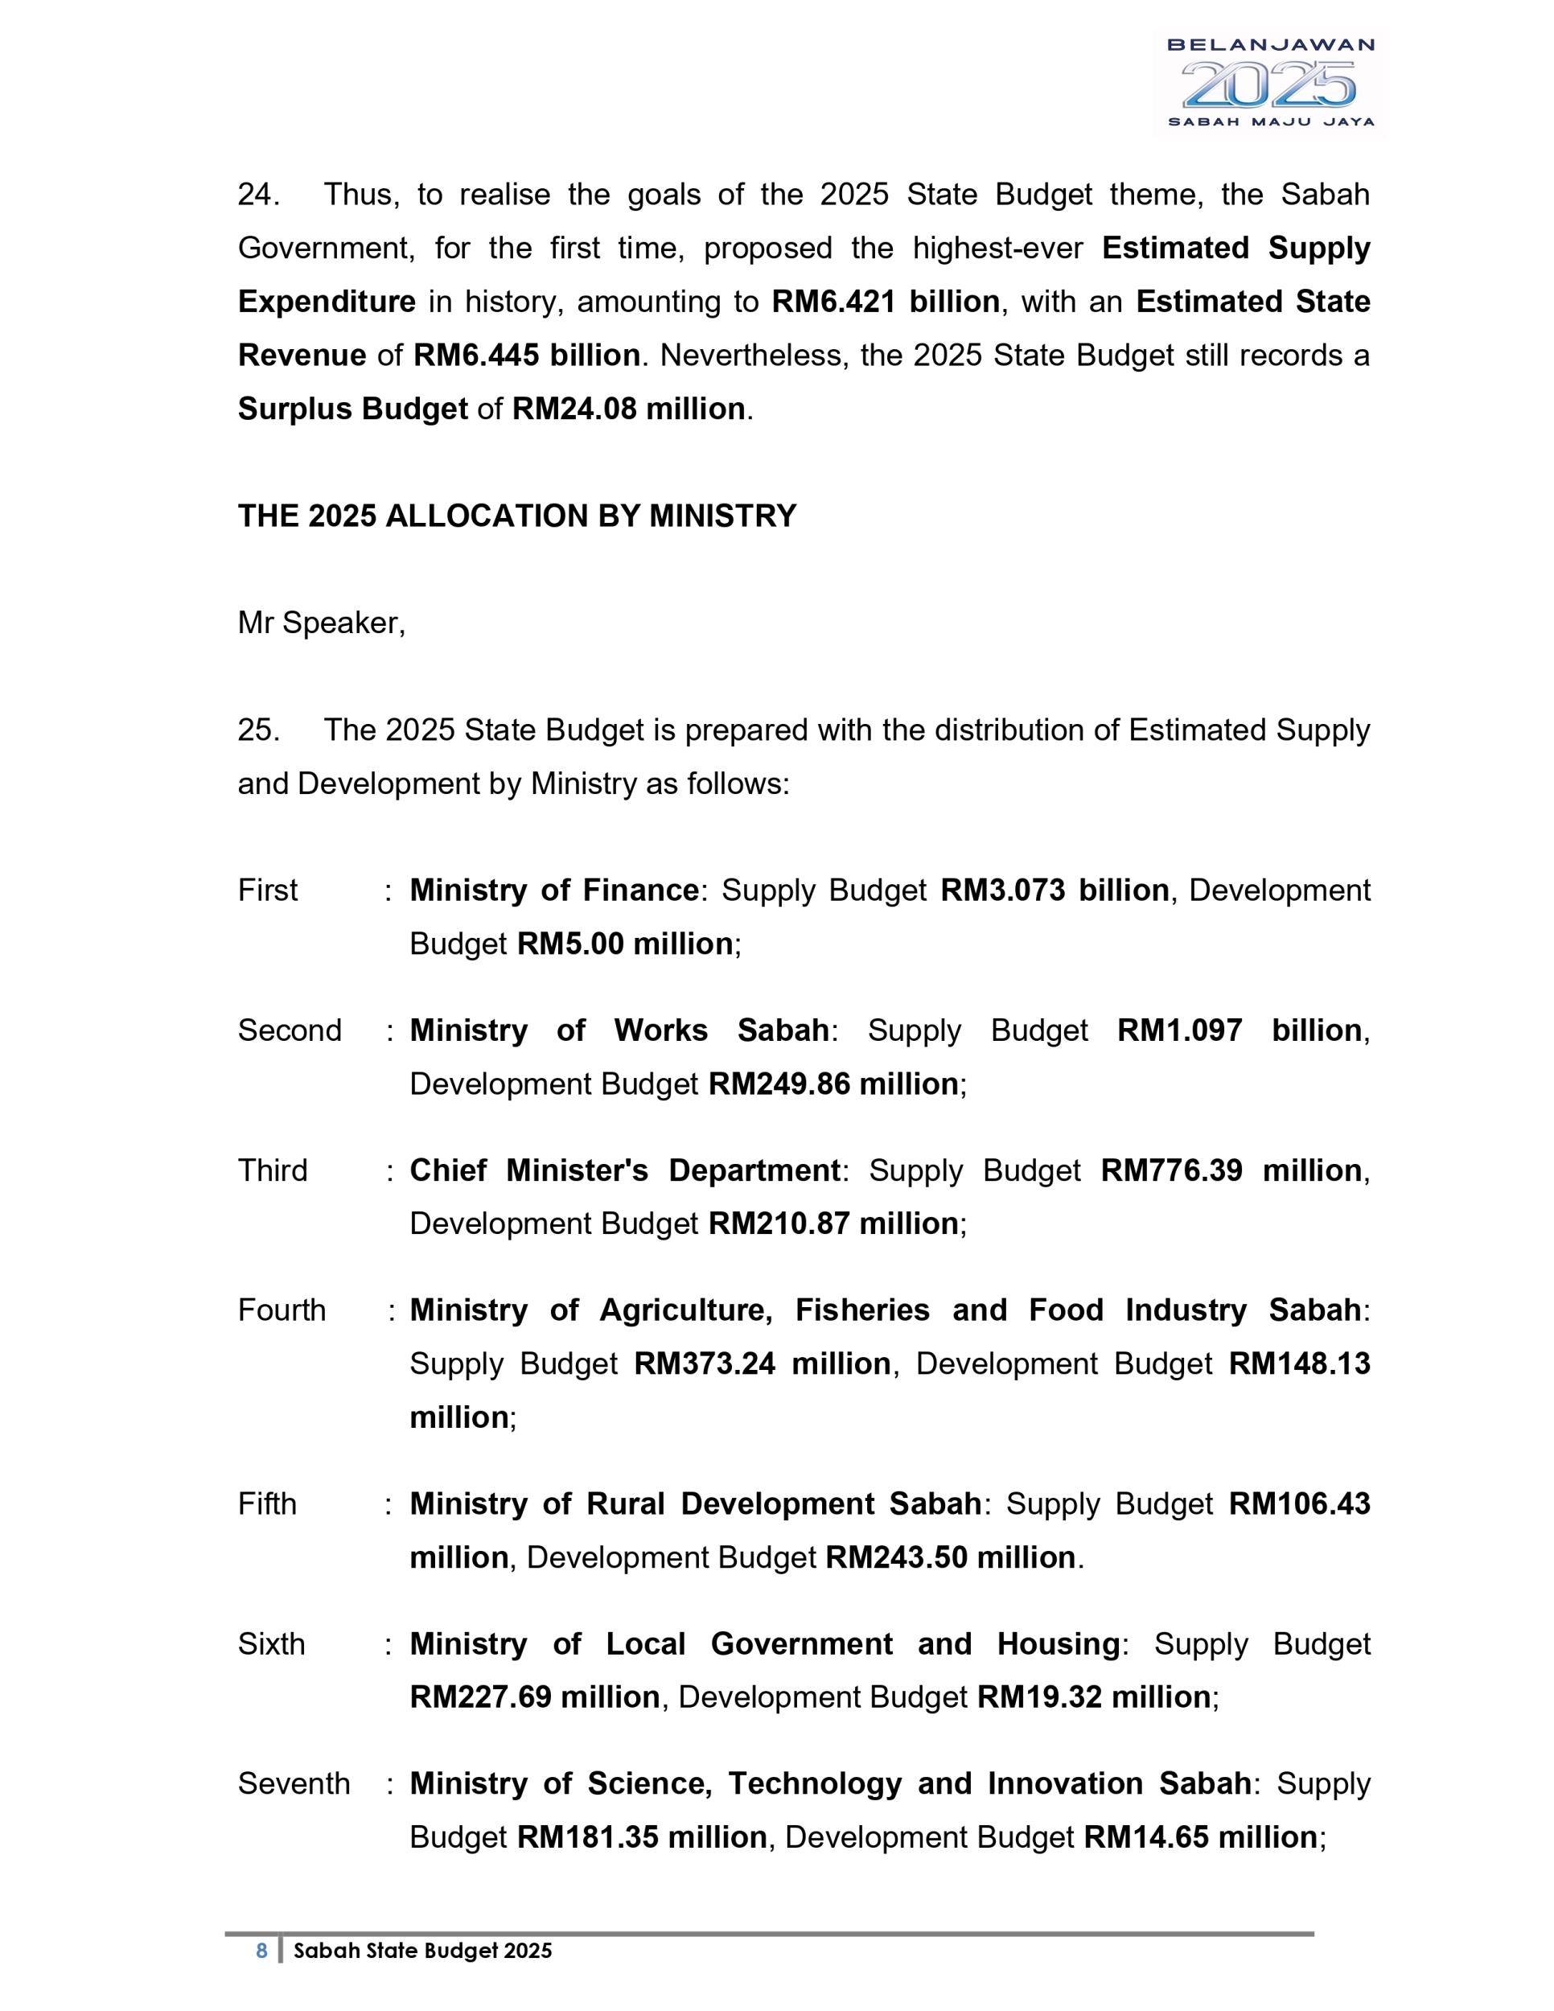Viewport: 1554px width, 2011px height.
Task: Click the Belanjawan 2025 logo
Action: pos(1269,83)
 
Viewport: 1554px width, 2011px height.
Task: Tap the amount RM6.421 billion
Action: pos(885,302)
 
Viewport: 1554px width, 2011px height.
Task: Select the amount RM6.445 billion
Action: pos(527,356)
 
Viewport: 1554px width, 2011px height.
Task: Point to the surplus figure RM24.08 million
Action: pos(628,409)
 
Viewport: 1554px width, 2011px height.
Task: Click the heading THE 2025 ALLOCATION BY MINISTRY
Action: pos(516,516)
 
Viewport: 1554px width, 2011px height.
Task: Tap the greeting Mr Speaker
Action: pos(321,623)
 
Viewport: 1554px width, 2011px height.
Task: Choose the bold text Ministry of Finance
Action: pos(553,890)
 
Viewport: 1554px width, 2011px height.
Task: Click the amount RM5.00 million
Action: pos(624,944)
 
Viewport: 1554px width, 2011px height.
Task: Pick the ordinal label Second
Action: pos(289,1030)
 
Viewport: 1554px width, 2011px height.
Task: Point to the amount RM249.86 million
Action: pos(833,1084)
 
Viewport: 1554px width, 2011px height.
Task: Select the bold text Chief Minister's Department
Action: pos(624,1170)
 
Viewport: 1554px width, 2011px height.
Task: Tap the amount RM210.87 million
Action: pos(833,1223)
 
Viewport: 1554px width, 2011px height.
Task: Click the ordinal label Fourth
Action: pos(282,1310)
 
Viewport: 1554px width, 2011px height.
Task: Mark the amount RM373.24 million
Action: pos(763,1363)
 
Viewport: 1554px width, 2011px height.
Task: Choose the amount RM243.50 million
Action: pos(950,1557)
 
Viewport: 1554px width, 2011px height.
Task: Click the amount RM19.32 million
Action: pos(1093,1697)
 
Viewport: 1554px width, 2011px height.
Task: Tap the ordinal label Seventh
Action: pos(294,1783)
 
